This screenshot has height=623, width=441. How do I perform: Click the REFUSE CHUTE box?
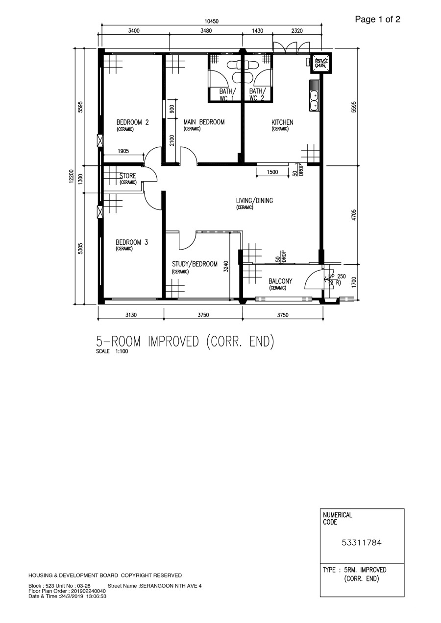click(321, 63)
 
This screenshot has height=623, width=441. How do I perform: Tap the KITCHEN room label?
click(282, 122)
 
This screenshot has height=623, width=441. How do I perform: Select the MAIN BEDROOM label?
click(204, 122)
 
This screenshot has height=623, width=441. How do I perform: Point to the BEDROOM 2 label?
click(132, 122)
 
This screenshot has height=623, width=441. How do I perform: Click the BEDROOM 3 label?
click(132, 242)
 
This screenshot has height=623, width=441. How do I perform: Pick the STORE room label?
click(128, 176)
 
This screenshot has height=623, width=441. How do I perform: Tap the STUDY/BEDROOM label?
click(195, 264)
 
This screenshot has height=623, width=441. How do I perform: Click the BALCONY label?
click(280, 281)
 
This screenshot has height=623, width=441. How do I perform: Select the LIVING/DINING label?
click(254, 201)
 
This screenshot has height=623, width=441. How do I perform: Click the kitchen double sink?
click(314, 95)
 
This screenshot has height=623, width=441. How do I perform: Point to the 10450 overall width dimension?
click(212, 22)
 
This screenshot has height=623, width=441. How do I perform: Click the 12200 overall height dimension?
click(72, 176)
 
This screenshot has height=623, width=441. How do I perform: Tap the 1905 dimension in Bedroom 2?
click(123, 151)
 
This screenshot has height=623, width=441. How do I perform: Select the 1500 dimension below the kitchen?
click(272, 172)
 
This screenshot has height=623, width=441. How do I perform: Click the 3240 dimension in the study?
click(226, 266)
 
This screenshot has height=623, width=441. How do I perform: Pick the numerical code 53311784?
click(362, 542)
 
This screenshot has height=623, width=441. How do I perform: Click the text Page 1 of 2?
click(377, 19)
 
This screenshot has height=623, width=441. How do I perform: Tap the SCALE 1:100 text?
click(112, 351)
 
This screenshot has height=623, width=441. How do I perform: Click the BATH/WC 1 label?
click(227, 94)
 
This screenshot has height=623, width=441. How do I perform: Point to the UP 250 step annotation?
click(337, 277)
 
